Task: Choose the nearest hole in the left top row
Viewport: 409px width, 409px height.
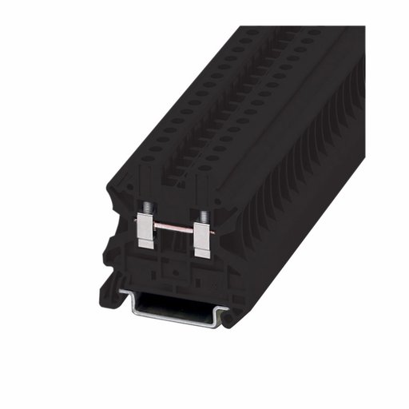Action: [146, 158]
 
